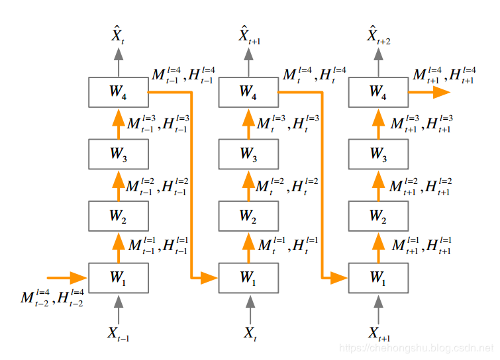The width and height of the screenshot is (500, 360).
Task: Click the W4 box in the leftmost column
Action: click(x=118, y=93)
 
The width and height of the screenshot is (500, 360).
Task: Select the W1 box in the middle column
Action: click(x=248, y=278)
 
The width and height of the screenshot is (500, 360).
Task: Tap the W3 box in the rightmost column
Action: click(x=378, y=154)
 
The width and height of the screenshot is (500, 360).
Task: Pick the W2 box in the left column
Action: click(x=118, y=216)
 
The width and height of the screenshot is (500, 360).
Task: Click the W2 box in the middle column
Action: click(x=248, y=216)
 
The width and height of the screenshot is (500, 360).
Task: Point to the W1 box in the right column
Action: click(x=378, y=278)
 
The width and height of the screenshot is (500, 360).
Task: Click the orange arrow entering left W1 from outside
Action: click(x=67, y=277)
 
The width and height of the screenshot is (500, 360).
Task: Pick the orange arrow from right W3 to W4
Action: click(x=379, y=123)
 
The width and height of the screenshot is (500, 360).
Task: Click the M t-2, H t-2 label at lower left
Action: click(x=52, y=298)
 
